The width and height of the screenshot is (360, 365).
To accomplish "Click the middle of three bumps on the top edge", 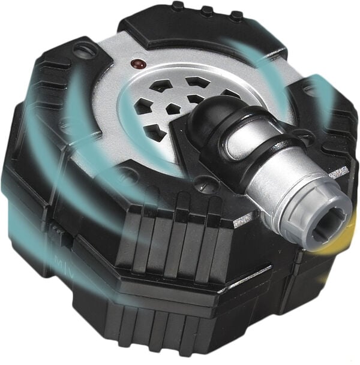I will (207, 11).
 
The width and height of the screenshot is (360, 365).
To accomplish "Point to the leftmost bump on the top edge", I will (178, 6).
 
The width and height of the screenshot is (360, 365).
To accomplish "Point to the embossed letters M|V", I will (62, 262).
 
